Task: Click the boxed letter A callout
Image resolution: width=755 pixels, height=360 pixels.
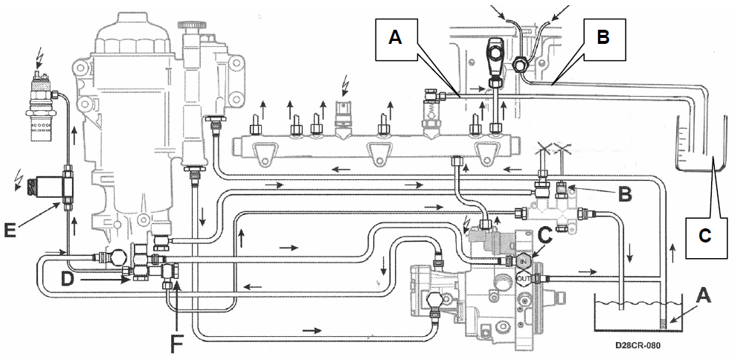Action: pos(396,37)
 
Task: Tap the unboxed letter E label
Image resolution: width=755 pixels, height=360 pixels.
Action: pos(10,229)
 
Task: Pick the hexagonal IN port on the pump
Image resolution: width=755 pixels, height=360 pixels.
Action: pos(524,261)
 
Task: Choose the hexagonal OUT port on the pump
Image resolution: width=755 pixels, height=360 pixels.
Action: pos(524,278)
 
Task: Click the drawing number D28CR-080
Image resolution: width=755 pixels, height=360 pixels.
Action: pos(637,345)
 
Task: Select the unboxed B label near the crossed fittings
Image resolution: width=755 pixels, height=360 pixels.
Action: pos(625,194)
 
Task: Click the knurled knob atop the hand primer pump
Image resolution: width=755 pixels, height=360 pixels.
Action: pos(190,25)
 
